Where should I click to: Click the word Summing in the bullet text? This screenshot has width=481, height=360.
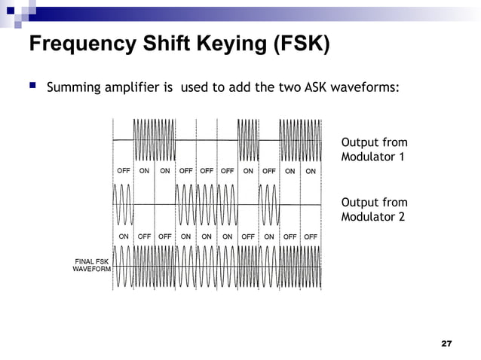point(75,87)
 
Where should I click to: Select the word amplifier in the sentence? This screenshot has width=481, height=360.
point(135,87)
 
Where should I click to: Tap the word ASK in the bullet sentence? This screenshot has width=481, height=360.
point(315,87)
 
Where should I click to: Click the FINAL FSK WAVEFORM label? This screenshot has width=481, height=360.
point(91,265)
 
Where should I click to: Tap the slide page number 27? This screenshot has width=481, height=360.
point(446,343)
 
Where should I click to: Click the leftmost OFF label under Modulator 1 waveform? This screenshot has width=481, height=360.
point(124,170)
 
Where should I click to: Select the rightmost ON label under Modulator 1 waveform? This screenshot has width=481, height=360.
point(310,170)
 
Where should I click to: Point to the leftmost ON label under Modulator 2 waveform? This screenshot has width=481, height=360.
point(124,236)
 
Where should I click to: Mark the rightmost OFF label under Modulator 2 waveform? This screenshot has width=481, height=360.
point(310,236)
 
